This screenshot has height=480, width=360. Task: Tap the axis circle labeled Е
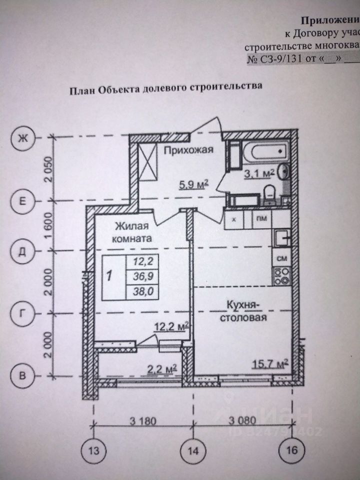(21, 201)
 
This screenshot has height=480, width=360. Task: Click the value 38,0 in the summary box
(141, 291)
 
